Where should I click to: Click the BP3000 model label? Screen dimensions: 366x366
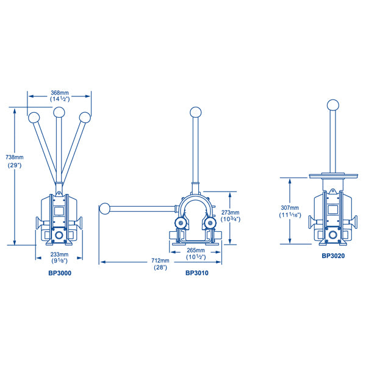pyautogui.click(x=59, y=274)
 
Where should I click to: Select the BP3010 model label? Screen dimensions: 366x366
pyautogui.click(x=197, y=273)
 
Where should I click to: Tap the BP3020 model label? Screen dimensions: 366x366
pyautogui.click(x=333, y=256)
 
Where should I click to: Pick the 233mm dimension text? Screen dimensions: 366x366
pyautogui.click(x=59, y=254)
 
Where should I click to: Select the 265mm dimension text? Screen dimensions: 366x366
pyautogui.click(x=197, y=249)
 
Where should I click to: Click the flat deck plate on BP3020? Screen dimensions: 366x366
pyautogui.click(x=333, y=176)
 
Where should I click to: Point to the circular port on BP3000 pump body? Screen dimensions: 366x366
pyautogui.click(x=59, y=235)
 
